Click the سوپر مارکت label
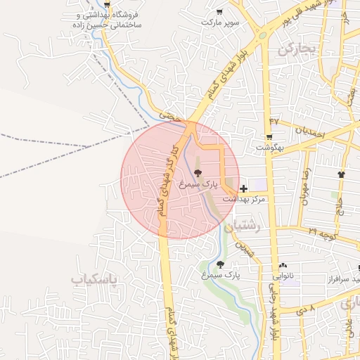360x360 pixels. tap(219, 22)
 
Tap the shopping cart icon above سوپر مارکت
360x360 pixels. tap(219, 11)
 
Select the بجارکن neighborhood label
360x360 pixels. tap(297, 49)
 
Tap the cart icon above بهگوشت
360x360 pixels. tap(269, 136)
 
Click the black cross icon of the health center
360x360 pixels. tap(243, 188)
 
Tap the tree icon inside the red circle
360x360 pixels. tap(198, 173)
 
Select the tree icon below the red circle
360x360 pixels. tap(221, 264)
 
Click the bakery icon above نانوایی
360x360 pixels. tap(283, 266)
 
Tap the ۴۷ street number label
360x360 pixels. tap(274, 121)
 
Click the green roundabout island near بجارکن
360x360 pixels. tap(262, 34)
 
